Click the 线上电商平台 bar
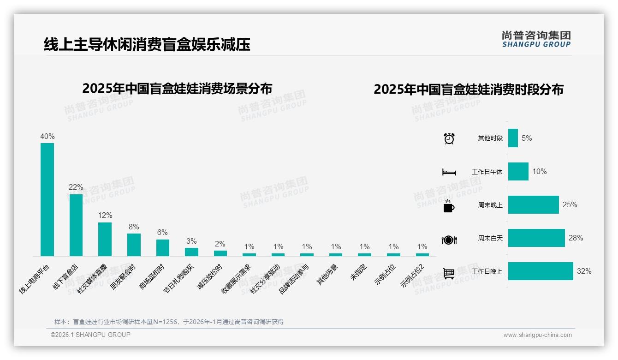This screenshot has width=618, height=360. (x=47, y=199)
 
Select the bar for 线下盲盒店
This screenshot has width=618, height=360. (x=76, y=225)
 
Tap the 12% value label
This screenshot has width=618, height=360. (x=105, y=216)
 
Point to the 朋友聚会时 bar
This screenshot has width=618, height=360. (x=134, y=245)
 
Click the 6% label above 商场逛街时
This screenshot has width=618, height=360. (x=162, y=233)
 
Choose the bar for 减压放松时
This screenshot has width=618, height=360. (x=220, y=253)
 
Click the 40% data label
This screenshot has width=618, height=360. (x=48, y=137)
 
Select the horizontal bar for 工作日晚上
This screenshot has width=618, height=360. (x=541, y=271)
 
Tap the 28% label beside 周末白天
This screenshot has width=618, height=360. (x=576, y=238)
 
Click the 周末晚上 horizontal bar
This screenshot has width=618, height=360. (x=533, y=205)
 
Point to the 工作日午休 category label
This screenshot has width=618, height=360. (x=487, y=172)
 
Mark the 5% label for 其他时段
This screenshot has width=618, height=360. (x=527, y=138)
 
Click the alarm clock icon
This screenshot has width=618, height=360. (x=449, y=138)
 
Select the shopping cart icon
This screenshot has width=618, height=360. (x=449, y=273)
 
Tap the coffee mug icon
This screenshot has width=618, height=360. (x=449, y=206)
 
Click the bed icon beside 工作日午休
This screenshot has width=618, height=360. (x=449, y=172)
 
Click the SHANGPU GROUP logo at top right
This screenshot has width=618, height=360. (x=536, y=39)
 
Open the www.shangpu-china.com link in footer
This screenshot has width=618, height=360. (x=537, y=335)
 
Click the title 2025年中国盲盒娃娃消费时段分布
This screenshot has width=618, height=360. (x=469, y=90)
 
